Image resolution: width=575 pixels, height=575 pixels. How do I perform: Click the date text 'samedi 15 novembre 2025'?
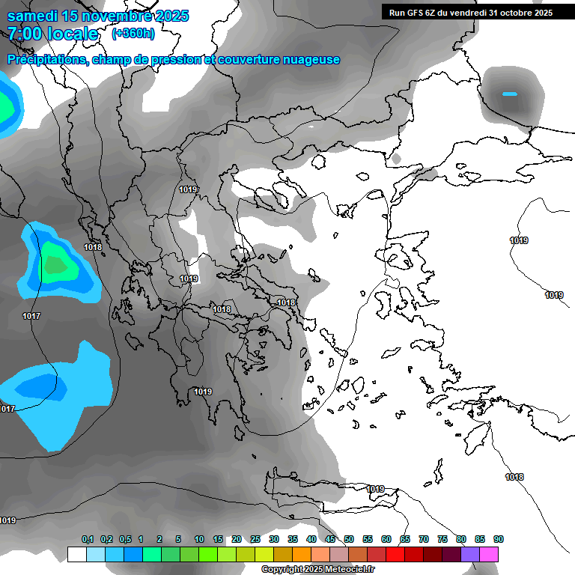point(98,16)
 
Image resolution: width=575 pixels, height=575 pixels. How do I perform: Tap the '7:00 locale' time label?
point(52,34)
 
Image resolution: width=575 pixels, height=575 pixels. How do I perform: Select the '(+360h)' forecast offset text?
point(133,34)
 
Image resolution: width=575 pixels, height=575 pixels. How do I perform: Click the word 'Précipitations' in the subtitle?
point(46,60)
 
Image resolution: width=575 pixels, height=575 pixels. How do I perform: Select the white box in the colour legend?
point(76,555)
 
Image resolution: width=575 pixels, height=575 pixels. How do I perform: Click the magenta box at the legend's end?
point(489,555)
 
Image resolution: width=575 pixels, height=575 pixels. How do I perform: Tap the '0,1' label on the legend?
point(88,540)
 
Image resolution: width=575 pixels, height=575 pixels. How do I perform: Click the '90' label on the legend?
point(499,540)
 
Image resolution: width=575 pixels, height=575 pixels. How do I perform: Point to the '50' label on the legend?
point(349,540)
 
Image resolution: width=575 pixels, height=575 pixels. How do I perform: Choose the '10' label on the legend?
point(199,540)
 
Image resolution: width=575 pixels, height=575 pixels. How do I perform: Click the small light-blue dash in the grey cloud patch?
point(510,94)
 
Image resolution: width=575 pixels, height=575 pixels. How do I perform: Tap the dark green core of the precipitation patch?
point(54,264)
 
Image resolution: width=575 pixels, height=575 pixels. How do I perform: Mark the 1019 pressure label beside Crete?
point(375,489)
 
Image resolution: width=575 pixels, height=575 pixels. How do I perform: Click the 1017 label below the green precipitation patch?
point(31,316)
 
